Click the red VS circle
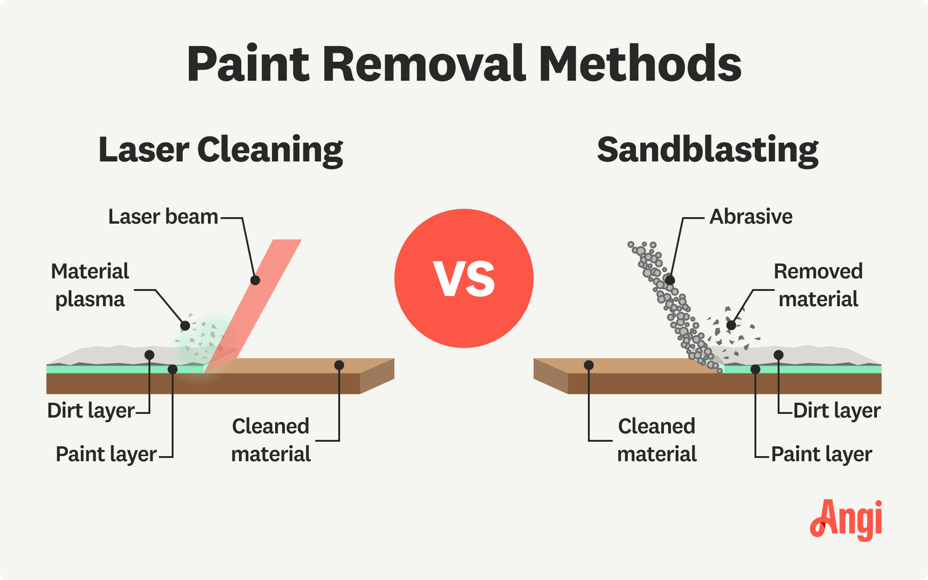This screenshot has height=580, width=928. point(464,278)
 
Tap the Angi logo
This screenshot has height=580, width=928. point(846,520)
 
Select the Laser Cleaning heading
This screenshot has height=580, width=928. point(221,150)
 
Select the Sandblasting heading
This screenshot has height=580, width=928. point(708,150)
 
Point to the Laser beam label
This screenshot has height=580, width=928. point(163,217)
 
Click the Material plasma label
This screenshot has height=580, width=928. point(90,285)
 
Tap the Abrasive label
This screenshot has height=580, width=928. point(751,217)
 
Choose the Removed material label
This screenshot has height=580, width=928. point(818,285)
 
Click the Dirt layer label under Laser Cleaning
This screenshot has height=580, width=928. point(91,411)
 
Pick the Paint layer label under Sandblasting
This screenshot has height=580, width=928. point(822,454)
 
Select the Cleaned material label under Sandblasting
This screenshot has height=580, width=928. point(657,440)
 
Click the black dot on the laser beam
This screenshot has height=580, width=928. point(255,280)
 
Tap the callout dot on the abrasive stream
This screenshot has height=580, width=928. point(670,280)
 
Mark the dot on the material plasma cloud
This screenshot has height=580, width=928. point(185,326)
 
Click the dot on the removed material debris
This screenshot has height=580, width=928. point(731,325)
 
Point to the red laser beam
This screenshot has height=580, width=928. point(253,306)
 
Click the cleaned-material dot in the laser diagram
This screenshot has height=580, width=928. point(339,365)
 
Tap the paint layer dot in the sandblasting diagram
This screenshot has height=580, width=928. point(755,369)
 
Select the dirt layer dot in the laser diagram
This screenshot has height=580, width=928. point(149,355)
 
